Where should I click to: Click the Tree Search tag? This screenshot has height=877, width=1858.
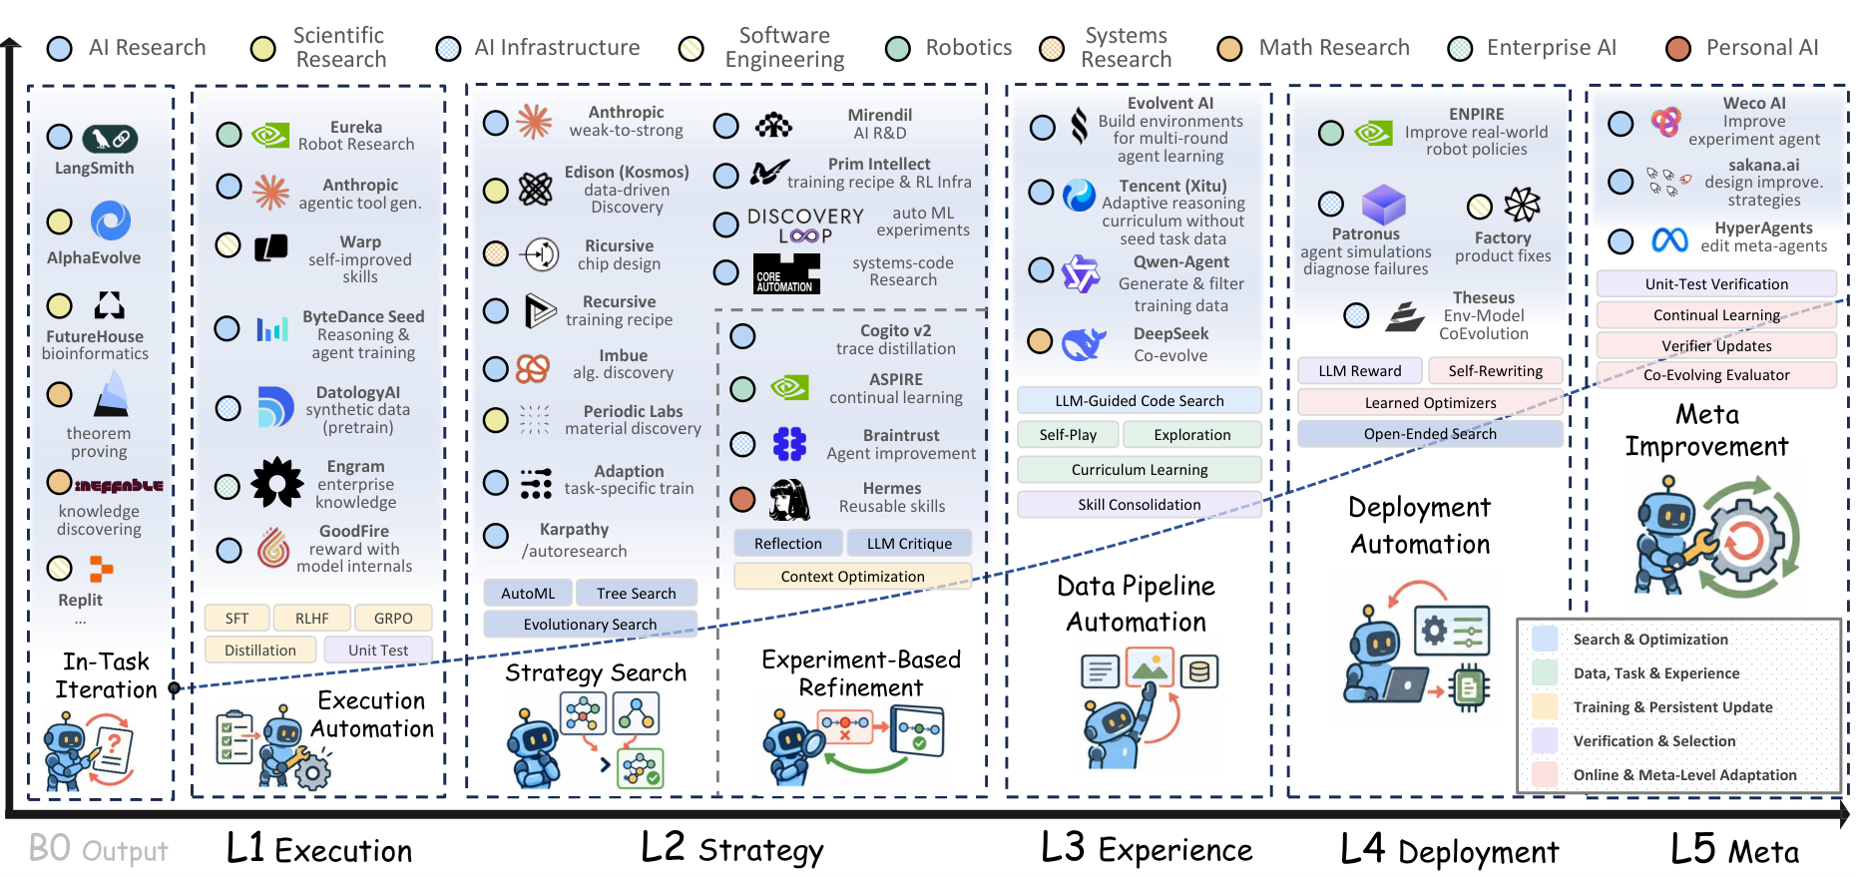[x=637, y=593]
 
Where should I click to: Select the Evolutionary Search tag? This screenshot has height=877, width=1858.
[x=590, y=624]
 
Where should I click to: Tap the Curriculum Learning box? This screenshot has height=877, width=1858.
[x=1140, y=469]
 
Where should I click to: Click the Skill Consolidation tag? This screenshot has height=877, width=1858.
[x=1140, y=504]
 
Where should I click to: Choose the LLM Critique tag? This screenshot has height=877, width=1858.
[x=909, y=543]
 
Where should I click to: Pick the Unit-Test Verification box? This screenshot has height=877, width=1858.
[x=1716, y=283]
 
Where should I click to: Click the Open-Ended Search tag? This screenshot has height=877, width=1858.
[x=1430, y=433]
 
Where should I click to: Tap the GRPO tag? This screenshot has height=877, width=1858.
[x=393, y=618]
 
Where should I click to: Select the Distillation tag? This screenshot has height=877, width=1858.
[x=260, y=650]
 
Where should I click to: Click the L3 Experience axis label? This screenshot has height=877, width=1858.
[x=1147, y=849]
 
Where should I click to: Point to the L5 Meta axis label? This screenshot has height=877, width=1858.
[x=1735, y=850]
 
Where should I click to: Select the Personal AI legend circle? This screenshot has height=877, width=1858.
[x=1678, y=48]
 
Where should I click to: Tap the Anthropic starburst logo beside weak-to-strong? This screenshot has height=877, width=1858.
[x=534, y=122]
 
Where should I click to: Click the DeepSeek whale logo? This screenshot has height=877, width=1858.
[x=1084, y=343]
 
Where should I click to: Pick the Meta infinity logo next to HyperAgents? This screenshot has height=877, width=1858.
[x=1669, y=239]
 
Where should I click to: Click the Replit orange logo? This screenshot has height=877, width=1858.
[x=101, y=569]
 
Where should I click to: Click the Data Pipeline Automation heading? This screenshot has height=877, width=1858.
[x=1137, y=604]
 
